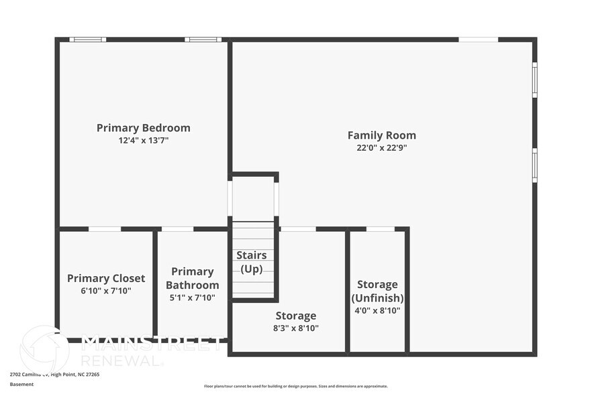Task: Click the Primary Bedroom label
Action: (x=143, y=127)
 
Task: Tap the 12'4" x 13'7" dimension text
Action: (x=143, y=141)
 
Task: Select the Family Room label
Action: (x=381, y=135)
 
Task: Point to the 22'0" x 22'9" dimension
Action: (x=381, y=148)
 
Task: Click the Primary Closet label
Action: (x=106, y=278)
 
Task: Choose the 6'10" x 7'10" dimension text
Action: (x=106, y=291)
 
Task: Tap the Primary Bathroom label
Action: (x=192, y=278)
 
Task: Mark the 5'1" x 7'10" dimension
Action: (x=192, y=298)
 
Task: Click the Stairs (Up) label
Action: (x=252, y=262)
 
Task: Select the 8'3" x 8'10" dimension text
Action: (x=296, y=328)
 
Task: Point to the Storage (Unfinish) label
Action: (x=377, y=291)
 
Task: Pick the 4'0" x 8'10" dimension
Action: (x=377, y=310)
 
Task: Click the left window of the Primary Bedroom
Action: (x=88, y=40)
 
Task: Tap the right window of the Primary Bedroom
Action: (x=203, y=40)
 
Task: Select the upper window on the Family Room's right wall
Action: (x=535, y=80)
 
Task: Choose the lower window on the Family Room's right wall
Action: (x=535, y=165)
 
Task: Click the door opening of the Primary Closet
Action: (x=105, y=229)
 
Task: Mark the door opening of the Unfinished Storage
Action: (x=380, y=229)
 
